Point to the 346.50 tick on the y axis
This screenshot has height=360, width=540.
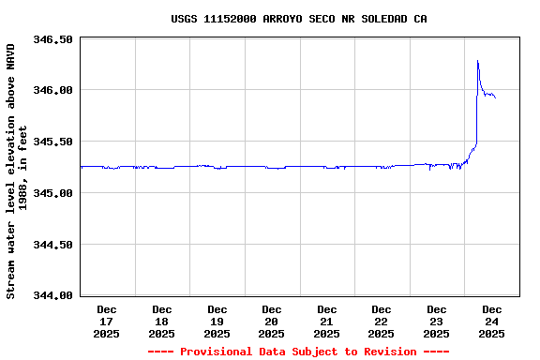[52, 39]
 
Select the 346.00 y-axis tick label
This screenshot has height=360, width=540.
[52, 90]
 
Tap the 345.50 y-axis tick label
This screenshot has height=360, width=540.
[52, 142]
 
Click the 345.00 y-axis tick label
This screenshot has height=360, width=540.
[52, 193]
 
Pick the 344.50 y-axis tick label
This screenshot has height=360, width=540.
[52, 244]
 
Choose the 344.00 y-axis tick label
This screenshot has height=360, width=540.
[52, 295]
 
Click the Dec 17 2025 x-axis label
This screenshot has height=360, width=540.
[107, 321]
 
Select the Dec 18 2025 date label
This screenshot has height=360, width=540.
[162, 321]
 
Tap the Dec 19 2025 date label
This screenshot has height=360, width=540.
[217, 321]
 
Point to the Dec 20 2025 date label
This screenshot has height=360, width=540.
[272, 321]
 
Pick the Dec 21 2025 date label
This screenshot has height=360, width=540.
[327, 321]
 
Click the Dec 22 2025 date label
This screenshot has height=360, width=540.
[382, 321]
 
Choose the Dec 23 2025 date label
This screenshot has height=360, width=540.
[437, 321]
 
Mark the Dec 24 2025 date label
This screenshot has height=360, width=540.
[491, 321]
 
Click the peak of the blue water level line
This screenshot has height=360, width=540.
[477, 61]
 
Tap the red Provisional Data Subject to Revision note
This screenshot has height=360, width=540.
[298, 352]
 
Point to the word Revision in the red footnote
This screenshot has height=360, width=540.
[385, 352]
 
